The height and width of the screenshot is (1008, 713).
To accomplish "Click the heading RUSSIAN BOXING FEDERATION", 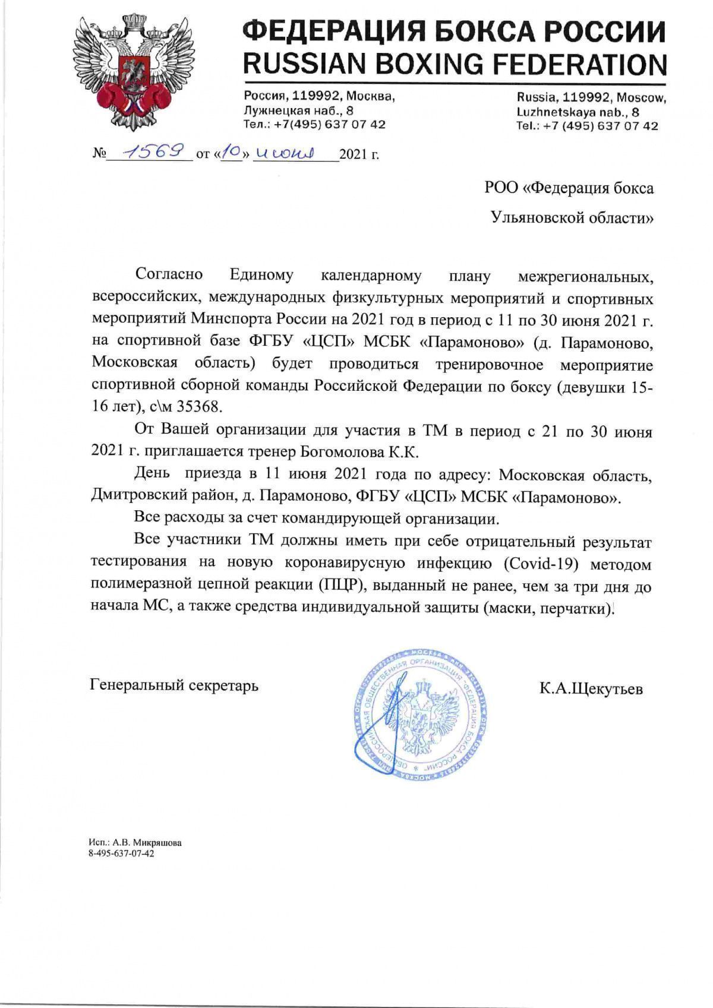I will (x=455, y=63).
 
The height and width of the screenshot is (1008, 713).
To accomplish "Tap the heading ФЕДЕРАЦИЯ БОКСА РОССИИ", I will (x=455, y=30).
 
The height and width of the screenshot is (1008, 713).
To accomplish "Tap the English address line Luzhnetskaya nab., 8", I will (x=578, y=112).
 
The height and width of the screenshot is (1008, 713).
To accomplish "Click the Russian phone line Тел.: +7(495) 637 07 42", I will (x=314, y=125).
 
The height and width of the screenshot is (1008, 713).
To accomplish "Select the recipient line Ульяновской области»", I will (x=572, y=218).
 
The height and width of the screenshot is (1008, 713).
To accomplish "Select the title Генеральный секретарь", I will (x=174, y=685).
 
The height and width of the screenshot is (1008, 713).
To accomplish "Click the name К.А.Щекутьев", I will (x=591, y=689).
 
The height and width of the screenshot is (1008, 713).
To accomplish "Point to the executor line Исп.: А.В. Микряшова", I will (x=134, y=842).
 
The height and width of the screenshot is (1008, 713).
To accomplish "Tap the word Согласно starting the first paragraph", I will (x=169, y=274).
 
